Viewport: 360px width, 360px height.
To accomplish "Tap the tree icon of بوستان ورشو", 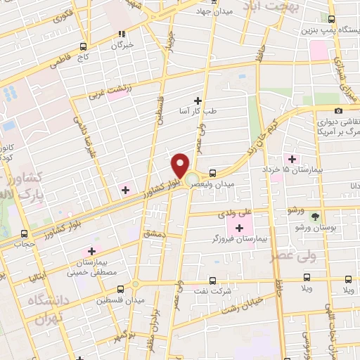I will tap(314, 217).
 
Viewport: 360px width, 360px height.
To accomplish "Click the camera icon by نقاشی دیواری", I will tap(339, 110).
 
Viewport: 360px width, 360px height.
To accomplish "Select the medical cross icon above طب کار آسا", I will tap(198, 101).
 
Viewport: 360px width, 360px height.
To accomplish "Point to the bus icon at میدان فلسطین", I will tap(121, 288).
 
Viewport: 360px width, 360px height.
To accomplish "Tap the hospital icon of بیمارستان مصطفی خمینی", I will tap(91, 251).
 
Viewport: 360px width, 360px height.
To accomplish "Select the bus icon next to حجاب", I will tap(25, 233).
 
